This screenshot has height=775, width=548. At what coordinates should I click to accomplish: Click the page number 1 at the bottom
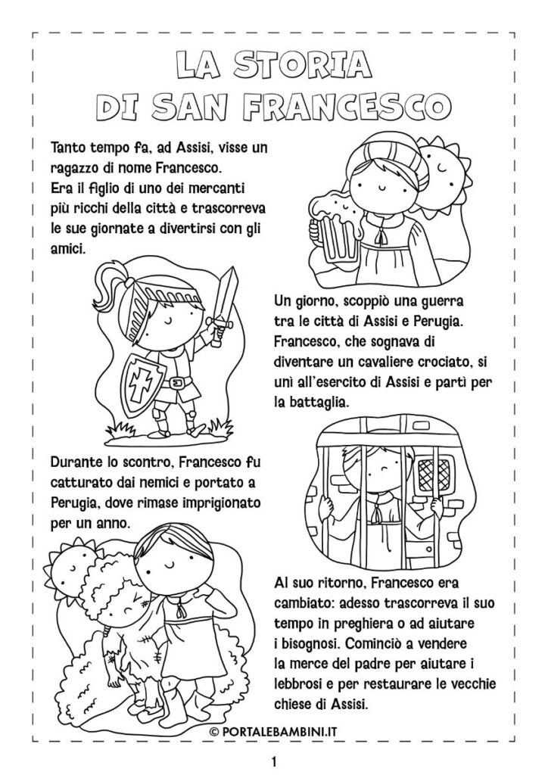[273, 759]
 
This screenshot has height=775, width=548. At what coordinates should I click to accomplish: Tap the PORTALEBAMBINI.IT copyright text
[274, 731]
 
